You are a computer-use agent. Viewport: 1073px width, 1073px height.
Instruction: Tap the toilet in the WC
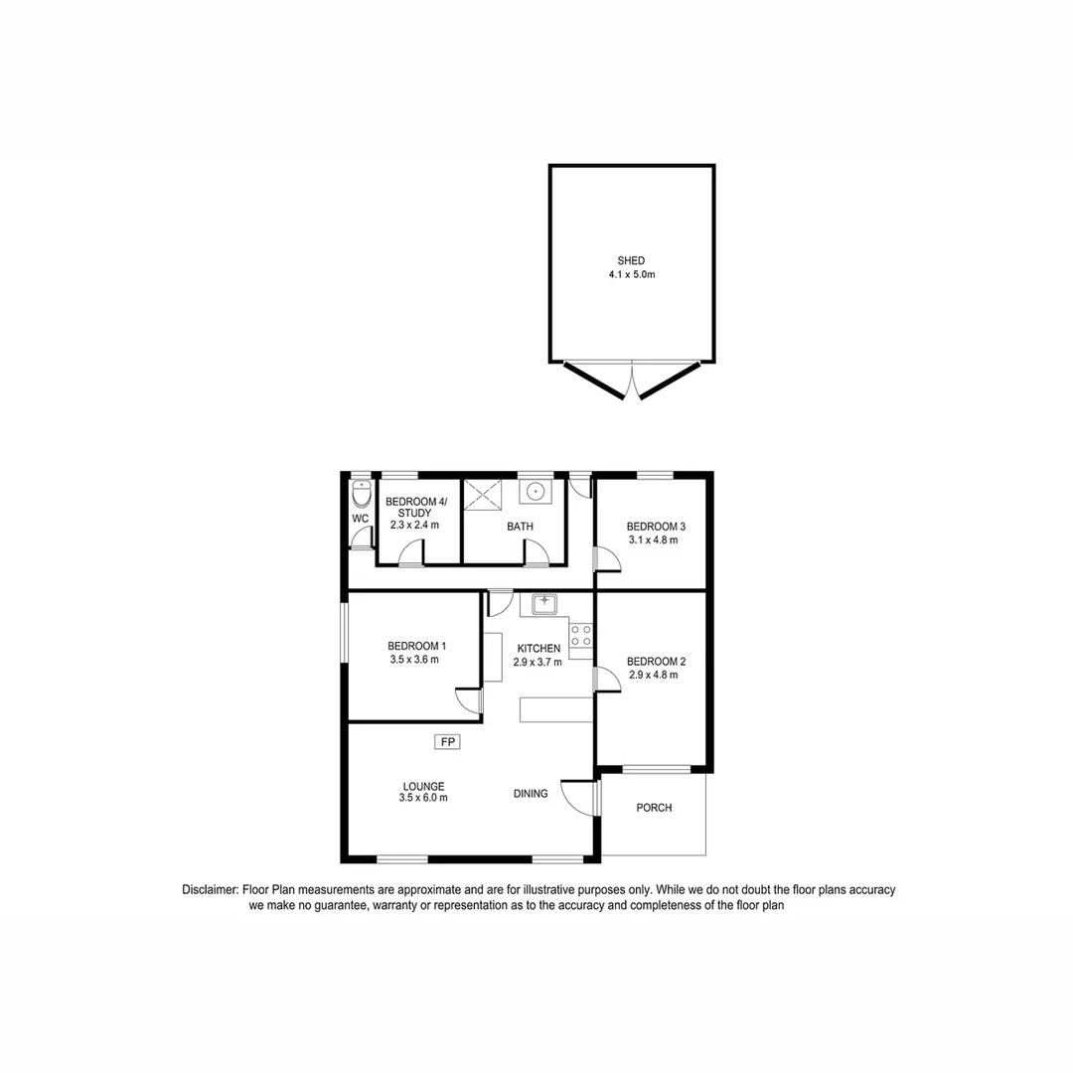[361, 494]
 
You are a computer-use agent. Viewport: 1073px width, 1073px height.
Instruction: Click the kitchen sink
[544, 603]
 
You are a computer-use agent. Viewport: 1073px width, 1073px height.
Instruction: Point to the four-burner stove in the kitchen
[581, 635]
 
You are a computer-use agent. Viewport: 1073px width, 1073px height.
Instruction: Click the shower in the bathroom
[484, 494]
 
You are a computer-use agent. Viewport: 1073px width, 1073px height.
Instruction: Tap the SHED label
[631, 261]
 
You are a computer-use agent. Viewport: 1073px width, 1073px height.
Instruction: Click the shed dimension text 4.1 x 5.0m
[632, 274]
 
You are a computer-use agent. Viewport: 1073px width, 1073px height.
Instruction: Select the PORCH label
[654, 808]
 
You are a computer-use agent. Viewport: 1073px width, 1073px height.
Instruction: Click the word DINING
[531, 793]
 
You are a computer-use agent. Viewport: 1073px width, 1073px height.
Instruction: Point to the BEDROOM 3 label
[656, 527]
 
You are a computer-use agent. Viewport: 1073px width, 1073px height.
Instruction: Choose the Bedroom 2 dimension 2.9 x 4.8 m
[654, 675]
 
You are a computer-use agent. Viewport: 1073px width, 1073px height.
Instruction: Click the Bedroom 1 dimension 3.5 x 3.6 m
[414, 659]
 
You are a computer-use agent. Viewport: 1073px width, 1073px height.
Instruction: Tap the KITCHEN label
[536, 649]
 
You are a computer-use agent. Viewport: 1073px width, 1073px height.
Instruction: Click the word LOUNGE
[422, 786]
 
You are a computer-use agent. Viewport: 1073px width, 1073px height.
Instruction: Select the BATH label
[520, 527]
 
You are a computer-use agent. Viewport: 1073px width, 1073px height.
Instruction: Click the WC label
[360, 519]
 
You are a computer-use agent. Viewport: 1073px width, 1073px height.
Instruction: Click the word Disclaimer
[210, 890]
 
